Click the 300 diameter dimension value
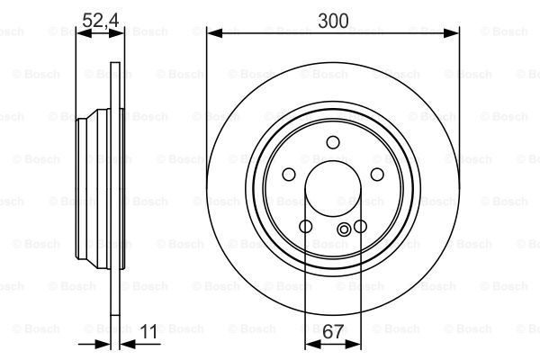coord(333,21)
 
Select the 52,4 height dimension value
coord(101,21)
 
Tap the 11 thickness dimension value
coord(148,331)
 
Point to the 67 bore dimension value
coord(333,331)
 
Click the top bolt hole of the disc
coord(333,142)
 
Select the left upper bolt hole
coord(289,175)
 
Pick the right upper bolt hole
coord(377,175)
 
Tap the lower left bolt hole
coord(306,226)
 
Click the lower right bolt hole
coord(360,226)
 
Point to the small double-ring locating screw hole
coord(344,229)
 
